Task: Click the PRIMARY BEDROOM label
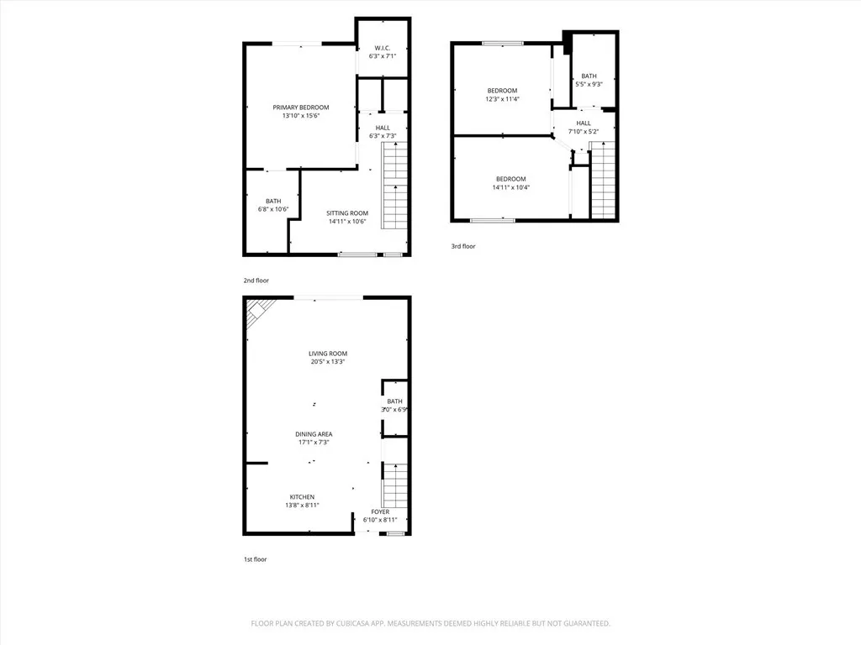300,107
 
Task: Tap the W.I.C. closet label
382,48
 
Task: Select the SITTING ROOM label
347,213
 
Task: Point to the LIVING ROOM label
327,354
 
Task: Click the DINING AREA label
313,434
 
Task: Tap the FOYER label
380,511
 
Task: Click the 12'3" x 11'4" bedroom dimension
502,99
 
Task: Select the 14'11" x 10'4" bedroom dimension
510,187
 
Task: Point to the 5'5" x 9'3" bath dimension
589,84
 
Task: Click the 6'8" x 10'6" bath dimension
273,209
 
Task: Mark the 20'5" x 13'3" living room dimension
327,361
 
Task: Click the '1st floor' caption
256,558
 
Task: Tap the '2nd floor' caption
256,280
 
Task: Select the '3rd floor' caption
463,246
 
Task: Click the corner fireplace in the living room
255,315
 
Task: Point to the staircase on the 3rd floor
603,181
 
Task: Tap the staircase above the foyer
394,483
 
